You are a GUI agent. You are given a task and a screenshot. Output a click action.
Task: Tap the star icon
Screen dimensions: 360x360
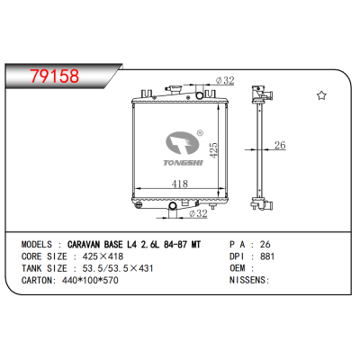pos(321,94)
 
